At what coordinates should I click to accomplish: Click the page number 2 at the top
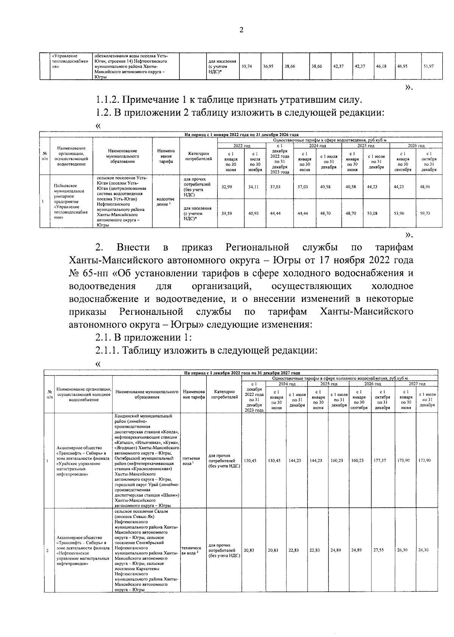[x=241, y=31]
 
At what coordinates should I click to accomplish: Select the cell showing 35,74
[x=247, y=66]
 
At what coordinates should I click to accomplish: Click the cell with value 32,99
[x=227, y=187]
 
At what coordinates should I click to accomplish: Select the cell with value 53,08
[x=372, y=213]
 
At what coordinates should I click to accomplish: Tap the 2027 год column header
[x=416, y=384]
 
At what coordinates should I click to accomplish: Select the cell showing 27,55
[x=379, y=550]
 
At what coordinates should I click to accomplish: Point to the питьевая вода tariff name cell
[x=191, y=461]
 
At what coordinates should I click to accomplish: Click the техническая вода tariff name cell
[x=191, y=550]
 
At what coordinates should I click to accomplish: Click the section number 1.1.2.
[x=109, y=100]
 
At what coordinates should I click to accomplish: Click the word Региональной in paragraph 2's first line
[x=257, y=248]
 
